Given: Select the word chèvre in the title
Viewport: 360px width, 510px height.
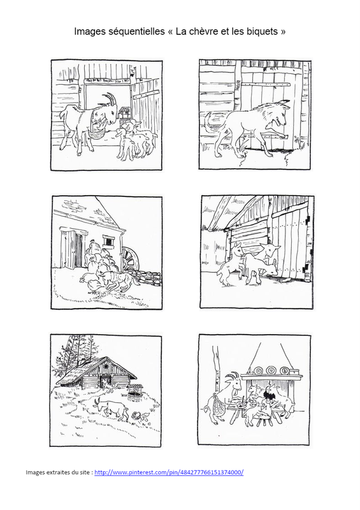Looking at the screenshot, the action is (205, 31).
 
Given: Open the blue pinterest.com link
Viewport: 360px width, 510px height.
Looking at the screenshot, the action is (169, 472).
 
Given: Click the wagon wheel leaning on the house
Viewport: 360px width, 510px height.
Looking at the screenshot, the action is (131, 259).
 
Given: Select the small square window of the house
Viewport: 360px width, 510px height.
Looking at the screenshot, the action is (108, 241).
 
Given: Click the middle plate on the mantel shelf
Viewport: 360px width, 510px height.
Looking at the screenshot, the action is (271, 370).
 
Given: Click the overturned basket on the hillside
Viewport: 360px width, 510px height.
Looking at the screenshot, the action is (136, 416).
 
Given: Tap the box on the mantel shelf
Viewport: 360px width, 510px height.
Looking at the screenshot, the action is (295, 372).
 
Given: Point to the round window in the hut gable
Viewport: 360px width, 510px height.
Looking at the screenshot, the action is (106, 366).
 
